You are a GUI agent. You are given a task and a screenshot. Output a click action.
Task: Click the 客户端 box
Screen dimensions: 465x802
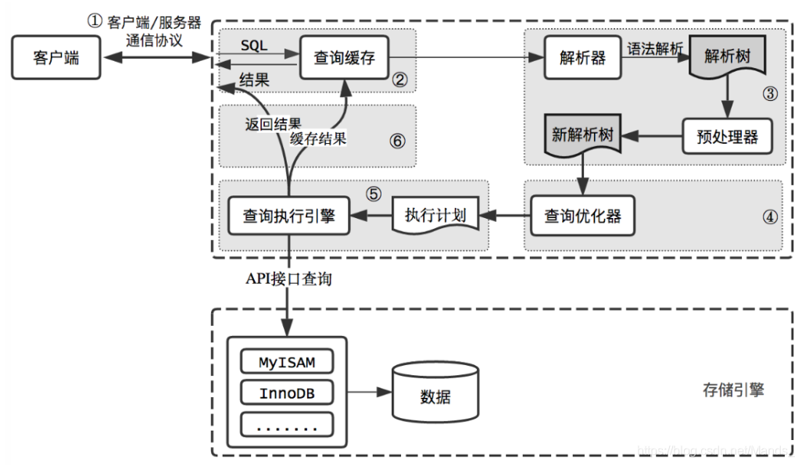click(x=56, y=57)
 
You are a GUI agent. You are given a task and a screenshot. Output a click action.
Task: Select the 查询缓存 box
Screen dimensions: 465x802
click(x=344, y=57)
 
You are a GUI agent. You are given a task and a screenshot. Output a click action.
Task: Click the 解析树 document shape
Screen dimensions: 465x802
click(x=725, y=59)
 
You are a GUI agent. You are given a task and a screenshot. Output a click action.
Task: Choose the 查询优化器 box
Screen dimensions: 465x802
click(x=582, y=215)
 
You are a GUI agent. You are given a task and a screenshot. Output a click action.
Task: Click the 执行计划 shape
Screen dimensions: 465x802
click(x=435, y=215)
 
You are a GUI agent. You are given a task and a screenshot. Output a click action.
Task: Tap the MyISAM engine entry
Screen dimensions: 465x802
click(x=286, y=362)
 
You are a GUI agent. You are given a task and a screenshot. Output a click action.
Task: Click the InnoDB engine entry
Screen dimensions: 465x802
click(x=286, y=393)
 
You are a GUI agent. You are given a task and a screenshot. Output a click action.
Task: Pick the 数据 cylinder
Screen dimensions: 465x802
click(x=435, y=395)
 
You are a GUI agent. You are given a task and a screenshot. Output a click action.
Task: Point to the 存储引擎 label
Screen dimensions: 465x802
click(x=732, y=388)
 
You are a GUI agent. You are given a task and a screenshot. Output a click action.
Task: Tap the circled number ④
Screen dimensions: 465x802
click(x=769, y=218)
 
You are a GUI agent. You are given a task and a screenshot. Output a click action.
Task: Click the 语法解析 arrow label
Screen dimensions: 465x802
click(x=655, y=48)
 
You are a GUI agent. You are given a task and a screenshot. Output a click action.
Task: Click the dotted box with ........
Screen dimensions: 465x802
click(x=286, y=424)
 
